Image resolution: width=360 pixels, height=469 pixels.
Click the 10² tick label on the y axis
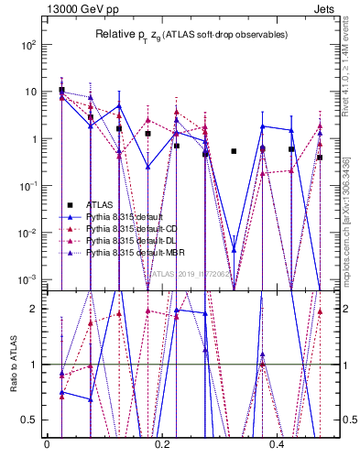coord(29,44)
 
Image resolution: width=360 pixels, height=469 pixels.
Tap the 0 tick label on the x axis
coord(47,445)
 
